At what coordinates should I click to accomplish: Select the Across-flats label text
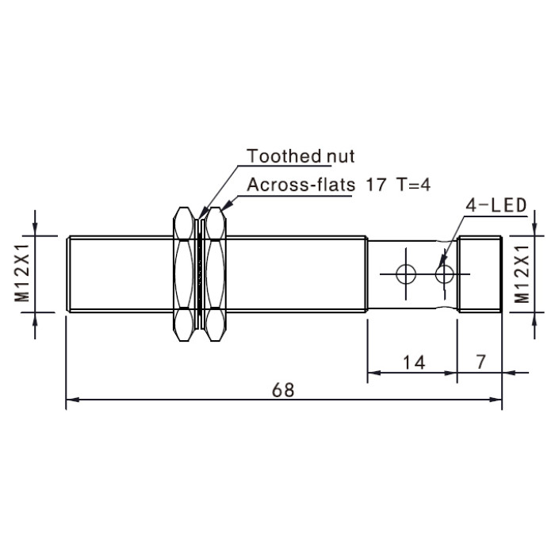(x=300, y=185)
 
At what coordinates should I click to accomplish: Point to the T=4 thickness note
(x=414, y=185)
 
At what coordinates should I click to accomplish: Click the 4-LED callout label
(x=496, y=205)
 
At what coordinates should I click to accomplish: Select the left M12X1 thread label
(x=22, y=274)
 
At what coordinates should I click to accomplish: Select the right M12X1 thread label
(x=522, y=274)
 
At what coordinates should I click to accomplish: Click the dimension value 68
(x=283, y=390)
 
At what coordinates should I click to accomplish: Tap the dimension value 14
(x=414, y=363)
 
